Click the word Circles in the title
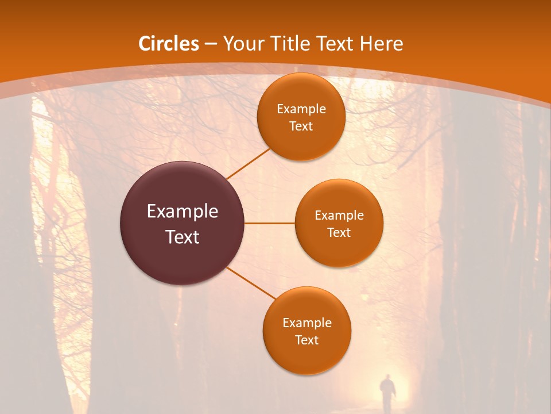click(169, 44)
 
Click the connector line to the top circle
click(248, 163)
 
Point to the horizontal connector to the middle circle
click(270, 223)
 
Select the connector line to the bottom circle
click(251, 285)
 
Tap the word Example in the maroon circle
click(183, 212)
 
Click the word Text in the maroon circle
click(183, 237)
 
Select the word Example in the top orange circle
click(301, 109)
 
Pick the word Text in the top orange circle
click(301, 126)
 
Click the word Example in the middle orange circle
click(339, 216)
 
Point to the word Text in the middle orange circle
click(339, 232)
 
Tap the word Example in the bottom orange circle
click(307, 323)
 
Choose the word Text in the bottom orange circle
click(306, 340)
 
